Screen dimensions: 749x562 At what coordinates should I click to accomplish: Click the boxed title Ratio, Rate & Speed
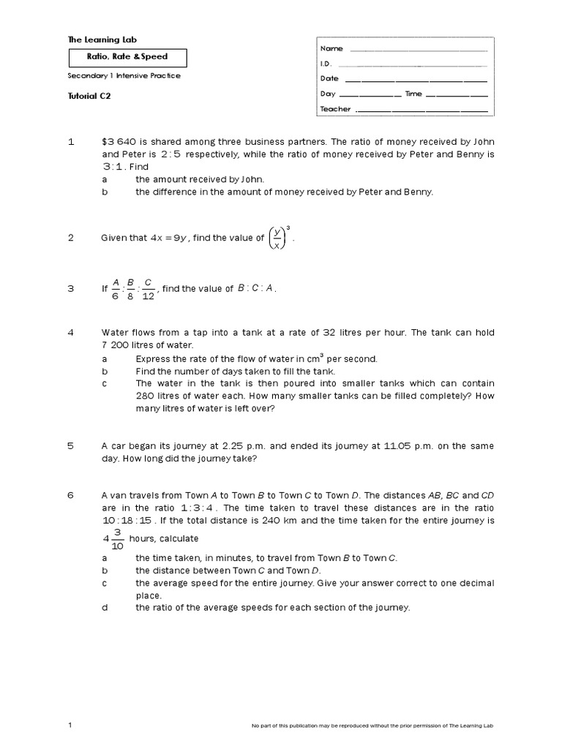click(128, 57)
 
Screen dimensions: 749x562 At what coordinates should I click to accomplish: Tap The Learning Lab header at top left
click(102, 39)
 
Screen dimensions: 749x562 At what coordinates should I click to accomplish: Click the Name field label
click(331, 48)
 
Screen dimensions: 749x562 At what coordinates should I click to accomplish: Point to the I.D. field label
click(326, 64)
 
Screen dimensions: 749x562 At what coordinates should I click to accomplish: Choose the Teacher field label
click(335, 109)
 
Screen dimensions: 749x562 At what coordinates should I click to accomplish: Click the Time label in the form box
click(413, 94)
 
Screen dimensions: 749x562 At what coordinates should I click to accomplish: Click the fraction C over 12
click(149, 289)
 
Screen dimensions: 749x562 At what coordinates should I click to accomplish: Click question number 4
click(71, 332)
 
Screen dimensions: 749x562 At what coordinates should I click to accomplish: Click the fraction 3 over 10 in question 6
click(116, 539)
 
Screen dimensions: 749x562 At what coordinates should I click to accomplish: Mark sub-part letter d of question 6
click(105, 607)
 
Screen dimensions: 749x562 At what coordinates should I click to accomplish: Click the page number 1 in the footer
click(70, 725)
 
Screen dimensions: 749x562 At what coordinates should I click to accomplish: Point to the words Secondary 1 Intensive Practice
click(124, 75)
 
